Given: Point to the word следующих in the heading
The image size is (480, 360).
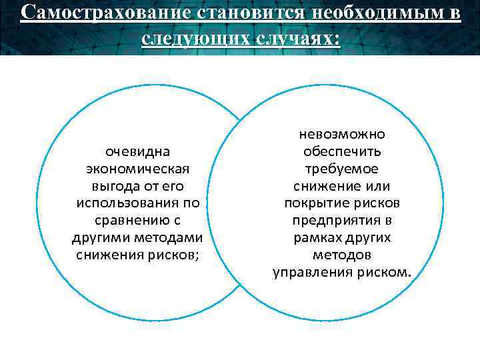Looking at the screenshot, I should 194,38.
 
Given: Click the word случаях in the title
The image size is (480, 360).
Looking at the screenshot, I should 295,38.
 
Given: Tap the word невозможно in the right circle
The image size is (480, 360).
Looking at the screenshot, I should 342,134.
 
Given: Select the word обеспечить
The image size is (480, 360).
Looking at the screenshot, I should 342,151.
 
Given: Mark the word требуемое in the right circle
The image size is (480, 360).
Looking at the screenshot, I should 342,169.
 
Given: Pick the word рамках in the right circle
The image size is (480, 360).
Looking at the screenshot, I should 316,238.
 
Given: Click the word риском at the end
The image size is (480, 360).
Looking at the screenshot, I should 387,273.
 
